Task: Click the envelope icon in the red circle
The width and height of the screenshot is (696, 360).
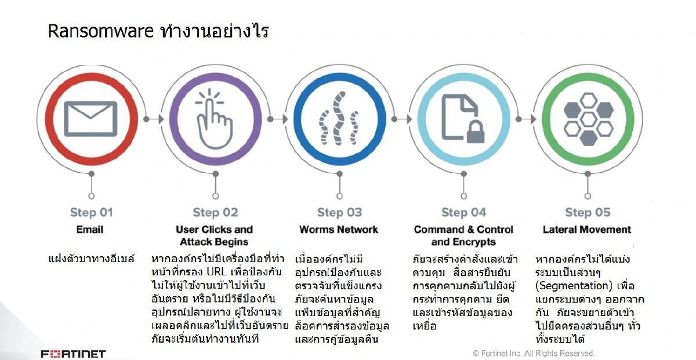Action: [x=90, y=118]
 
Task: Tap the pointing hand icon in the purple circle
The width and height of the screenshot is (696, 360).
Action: [x=215, y=119]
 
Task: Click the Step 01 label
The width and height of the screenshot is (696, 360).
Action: [x=91, y=212]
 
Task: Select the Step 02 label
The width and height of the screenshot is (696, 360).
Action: [x=215, y=212]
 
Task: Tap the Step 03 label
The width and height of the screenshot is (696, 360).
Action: [x=339, y=212]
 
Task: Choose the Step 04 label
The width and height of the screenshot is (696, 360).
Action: [x=463, y=212]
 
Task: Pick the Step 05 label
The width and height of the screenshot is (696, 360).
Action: [x=588, y=212]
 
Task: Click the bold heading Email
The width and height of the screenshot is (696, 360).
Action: [x=90, y=230]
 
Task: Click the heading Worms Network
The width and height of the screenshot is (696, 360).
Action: [x=339, y=230]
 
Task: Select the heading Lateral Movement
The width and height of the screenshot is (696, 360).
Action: [x=587, y=230]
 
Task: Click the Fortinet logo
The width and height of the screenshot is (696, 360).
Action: [x=73, y=354]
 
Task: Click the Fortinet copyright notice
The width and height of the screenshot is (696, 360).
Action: [x=534, y=353]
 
